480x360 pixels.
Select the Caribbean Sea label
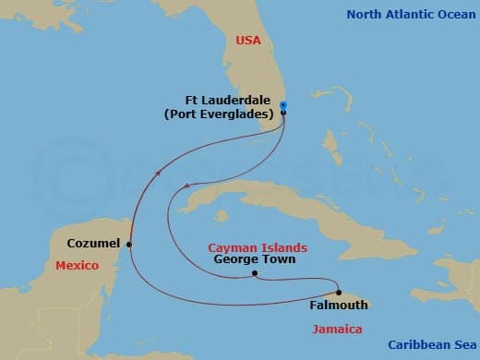tap(430, 345)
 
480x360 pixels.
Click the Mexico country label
tap(77, 266)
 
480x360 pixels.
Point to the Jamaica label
tap(336, 329)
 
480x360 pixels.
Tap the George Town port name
tap(254, 260)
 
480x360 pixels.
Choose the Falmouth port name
tap(329, 305)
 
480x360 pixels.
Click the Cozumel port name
tap(93, 244)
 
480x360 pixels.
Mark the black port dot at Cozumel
tap(129, 245)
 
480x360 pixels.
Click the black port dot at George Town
tap(254, 274)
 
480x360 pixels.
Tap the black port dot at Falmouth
tap(340, 293)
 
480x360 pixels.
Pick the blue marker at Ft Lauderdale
tap(283, 106)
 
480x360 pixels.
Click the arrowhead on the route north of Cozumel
tap(158, 171)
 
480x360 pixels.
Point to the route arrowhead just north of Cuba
tap(187, 185)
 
